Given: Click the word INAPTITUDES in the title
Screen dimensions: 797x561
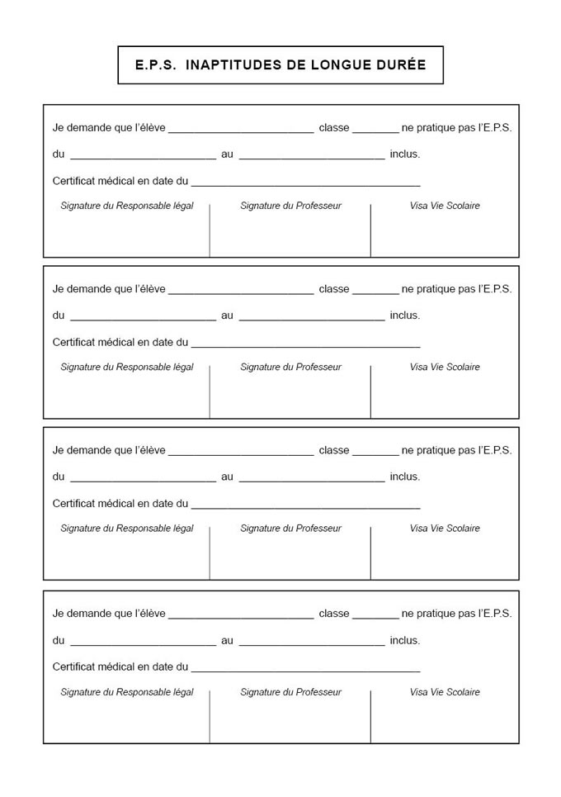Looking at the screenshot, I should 233,65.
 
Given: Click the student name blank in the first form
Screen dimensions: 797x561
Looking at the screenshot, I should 241,129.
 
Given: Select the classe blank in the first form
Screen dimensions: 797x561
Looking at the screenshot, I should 375,129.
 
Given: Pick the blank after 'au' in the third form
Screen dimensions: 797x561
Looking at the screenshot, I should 311,477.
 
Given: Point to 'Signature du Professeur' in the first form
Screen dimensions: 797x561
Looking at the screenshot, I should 290,206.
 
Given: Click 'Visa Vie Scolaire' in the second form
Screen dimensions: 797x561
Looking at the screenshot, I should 445,367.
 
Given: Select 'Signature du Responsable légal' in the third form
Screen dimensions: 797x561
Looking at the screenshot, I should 127,529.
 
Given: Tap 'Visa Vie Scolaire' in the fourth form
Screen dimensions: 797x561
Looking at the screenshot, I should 445,692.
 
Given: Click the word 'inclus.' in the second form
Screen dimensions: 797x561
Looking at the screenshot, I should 405,315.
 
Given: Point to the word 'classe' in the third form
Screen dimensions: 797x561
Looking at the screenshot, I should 334,450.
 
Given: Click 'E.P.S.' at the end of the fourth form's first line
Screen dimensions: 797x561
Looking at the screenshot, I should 495,614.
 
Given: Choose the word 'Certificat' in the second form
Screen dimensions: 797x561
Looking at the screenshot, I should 74,342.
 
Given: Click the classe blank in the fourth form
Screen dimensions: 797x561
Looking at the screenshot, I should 375,615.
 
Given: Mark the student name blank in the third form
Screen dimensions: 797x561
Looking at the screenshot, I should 241,452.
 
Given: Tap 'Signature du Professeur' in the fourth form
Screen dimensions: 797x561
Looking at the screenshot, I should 290,692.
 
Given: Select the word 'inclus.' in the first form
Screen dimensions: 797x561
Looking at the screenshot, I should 405,154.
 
